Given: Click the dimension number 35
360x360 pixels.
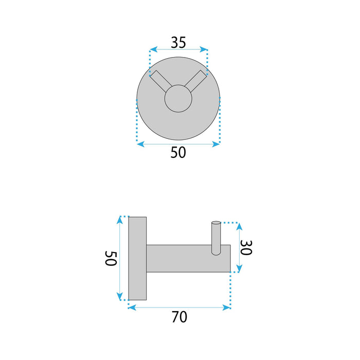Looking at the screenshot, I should pos(178,42).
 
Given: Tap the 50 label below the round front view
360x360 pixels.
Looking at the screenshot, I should pos(178,153).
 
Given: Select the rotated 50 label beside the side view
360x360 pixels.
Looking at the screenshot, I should pos(111,258).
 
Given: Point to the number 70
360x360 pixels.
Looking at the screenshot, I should pos(179,317).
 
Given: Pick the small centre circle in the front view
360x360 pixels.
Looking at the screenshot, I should pos(178,98).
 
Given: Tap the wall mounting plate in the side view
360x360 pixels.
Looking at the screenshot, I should pos(138,258).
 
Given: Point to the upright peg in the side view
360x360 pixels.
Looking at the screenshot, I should pos(215,239).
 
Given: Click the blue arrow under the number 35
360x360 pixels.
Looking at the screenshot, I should pos(178,50).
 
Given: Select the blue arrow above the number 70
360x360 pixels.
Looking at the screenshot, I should pos(179,308).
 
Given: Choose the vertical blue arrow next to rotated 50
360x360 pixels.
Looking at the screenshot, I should pos(120,258).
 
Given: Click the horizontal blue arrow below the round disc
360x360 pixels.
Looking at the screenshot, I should pos(178,144).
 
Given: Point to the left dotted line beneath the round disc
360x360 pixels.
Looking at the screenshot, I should pos(137,121).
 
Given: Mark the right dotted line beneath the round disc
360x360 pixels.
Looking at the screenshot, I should pos(220,121).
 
